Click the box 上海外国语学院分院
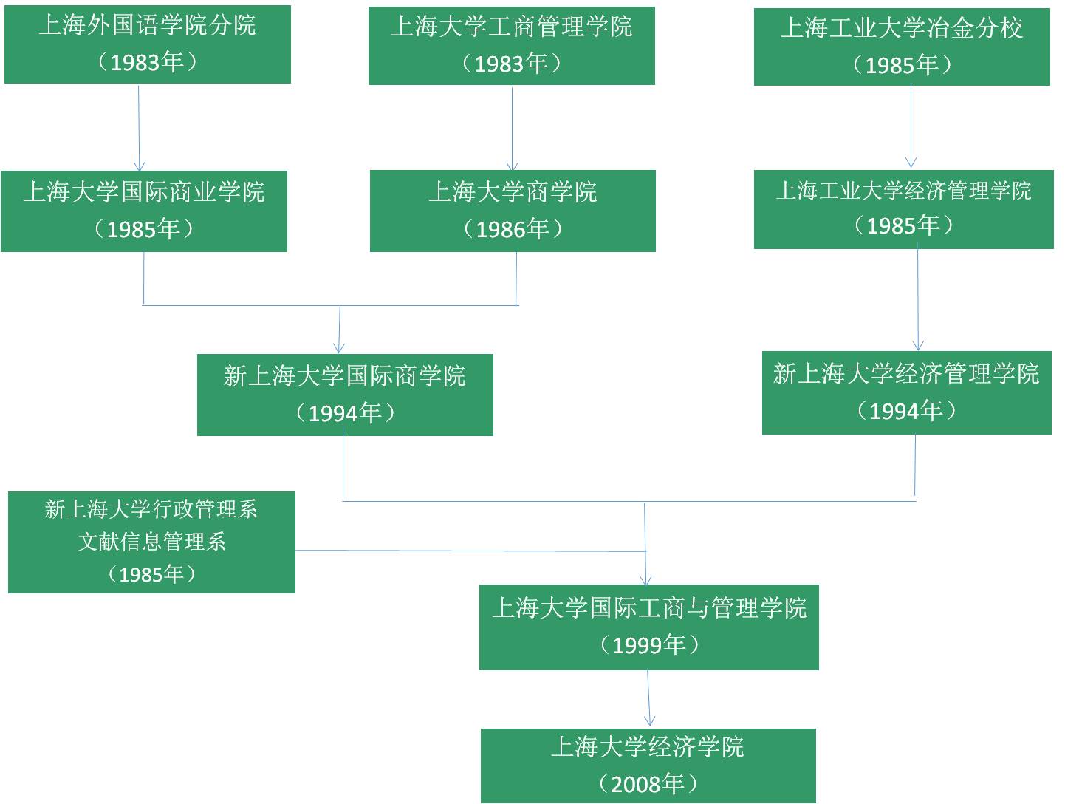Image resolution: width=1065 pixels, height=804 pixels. click(147, 44)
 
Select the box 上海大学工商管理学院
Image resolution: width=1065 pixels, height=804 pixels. click(511, 46)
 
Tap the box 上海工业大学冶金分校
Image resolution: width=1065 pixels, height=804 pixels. click(901, 47)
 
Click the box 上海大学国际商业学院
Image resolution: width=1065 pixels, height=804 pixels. click(143, 211)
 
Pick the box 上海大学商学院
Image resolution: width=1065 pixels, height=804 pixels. click(513, 211)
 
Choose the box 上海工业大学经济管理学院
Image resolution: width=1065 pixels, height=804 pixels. click(903, 209)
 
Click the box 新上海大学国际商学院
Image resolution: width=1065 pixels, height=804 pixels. click(345, 395)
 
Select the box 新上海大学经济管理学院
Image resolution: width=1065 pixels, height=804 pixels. click(906, 392)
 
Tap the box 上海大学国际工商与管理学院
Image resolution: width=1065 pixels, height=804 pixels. click(648, 627)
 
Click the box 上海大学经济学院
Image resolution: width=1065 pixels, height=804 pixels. click(648, 766)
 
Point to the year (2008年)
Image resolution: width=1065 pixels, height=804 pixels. click(648, 783)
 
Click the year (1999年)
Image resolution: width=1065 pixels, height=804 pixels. click(649, 645)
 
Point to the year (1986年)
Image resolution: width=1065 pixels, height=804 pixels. click(513, 229)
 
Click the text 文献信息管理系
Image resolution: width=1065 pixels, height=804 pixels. click(151, 542)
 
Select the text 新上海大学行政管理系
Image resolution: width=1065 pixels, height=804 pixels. click(151, 509)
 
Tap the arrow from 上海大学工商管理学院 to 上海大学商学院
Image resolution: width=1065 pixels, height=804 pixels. click(513, 127)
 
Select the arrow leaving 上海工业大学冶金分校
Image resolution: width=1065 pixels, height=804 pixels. click(911, 126)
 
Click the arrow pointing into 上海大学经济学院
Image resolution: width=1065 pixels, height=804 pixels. click(649, 699)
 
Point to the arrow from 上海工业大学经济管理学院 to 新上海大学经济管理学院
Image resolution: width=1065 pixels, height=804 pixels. click(918, 299)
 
